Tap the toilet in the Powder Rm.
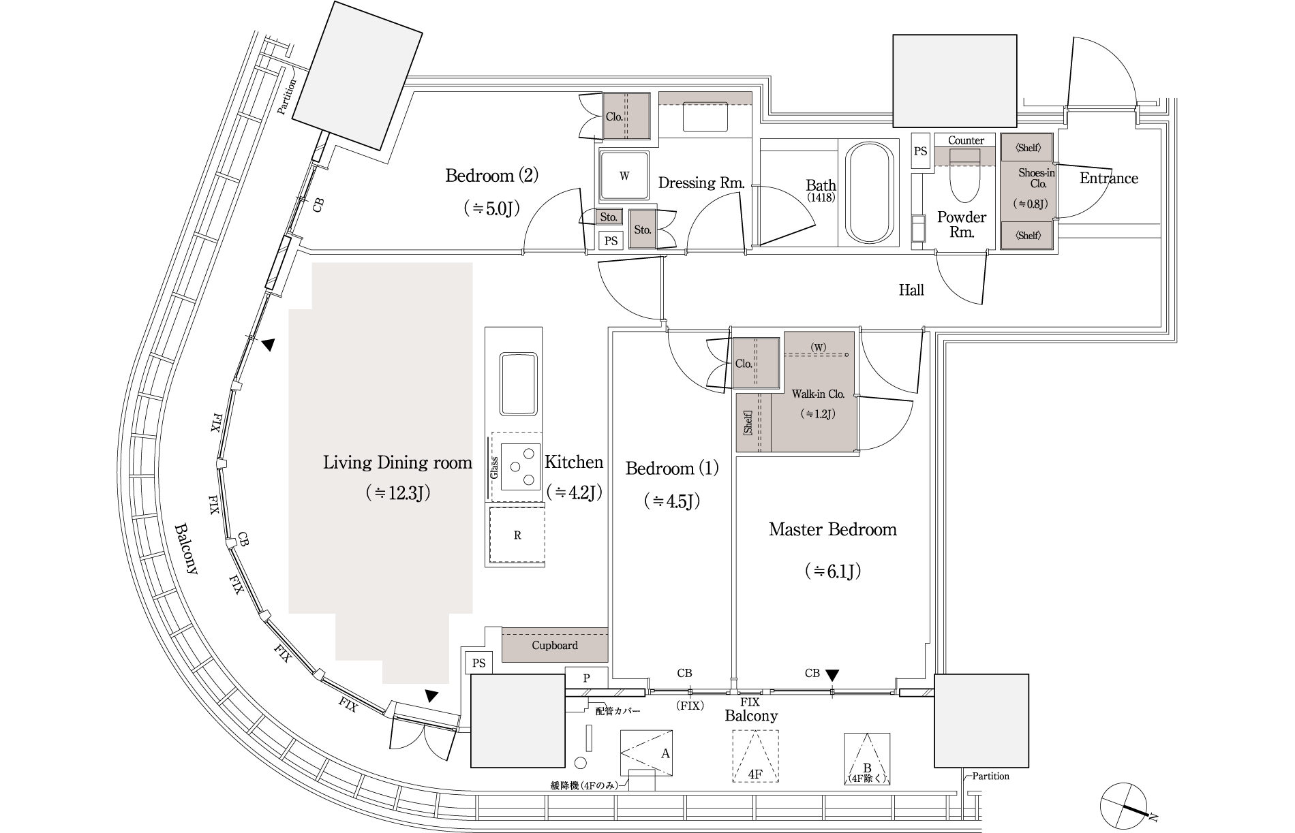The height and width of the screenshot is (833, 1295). point(964,176)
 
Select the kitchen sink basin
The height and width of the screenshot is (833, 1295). point(519,383)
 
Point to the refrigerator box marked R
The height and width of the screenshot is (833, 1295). point(517,535)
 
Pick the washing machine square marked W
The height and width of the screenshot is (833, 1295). point(624,175)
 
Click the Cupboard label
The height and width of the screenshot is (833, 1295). point(555,645)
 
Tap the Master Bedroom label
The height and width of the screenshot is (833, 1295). point(833,529)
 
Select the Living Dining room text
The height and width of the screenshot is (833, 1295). point(397,463)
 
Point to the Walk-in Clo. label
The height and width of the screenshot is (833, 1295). point(818,394)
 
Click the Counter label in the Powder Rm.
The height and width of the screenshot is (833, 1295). point(966,140)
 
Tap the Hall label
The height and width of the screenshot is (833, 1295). point(911,290)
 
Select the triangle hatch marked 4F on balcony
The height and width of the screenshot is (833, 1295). point(755,756)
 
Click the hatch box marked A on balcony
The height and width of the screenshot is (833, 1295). point(647,753)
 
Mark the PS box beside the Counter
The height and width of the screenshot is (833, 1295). point(920,151)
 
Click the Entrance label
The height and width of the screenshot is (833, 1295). point(1109,178)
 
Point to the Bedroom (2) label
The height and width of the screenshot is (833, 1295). point(491,176)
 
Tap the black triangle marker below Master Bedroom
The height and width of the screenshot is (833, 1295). point(832,675)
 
